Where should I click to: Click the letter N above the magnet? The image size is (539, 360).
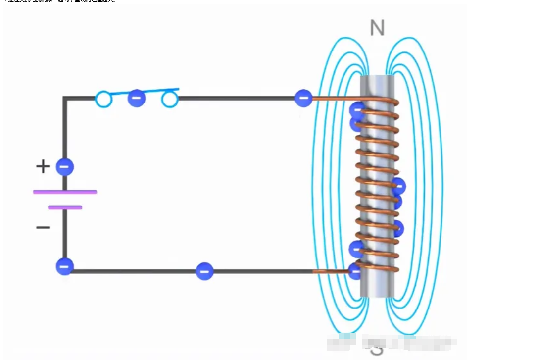(x=377, y=28)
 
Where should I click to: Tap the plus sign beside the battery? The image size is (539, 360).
(x=43, y=166)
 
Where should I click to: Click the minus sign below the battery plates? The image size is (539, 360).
(x=43, y=228)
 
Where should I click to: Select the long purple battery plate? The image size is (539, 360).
(x=65, y=192)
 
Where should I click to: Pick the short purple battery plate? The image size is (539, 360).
(x=65, y=207)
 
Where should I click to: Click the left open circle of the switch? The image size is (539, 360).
(x=103, y=100)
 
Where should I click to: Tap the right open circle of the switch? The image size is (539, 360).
(x=170, y=100)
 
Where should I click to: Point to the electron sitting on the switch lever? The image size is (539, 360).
(x=137, y=98)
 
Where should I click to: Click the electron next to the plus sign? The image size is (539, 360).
(x=64, y=167)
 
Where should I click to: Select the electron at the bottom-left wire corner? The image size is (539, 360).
(x=64, y=266)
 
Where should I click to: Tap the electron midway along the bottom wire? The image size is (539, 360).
(x=204, y=271)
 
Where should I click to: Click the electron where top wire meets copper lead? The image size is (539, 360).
(x=303, y=98)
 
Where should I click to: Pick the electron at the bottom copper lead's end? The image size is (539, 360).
(x=355, y=271)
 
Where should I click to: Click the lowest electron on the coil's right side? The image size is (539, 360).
(x=397, y=229)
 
